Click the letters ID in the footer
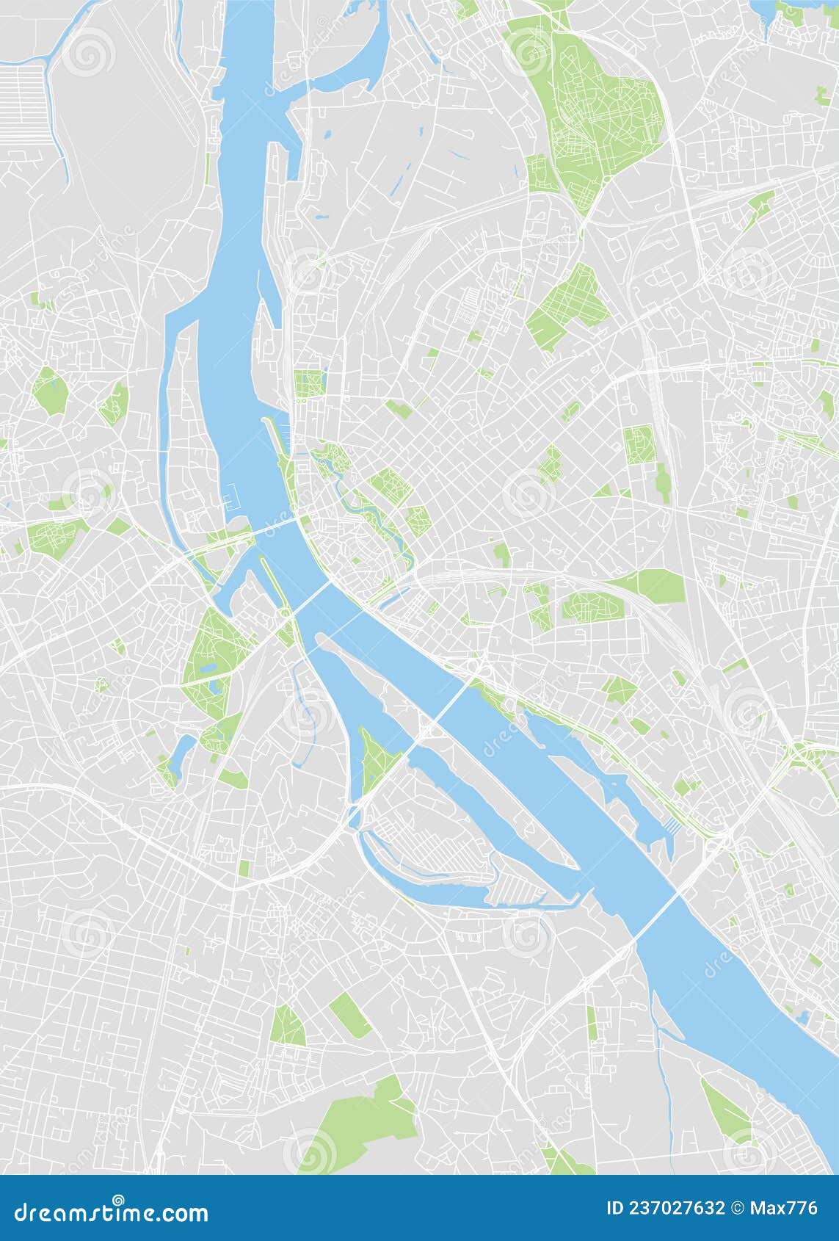[x=616, y=1208]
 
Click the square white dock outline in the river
[x=232, y=500]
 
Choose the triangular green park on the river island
[x=374, y=756]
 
